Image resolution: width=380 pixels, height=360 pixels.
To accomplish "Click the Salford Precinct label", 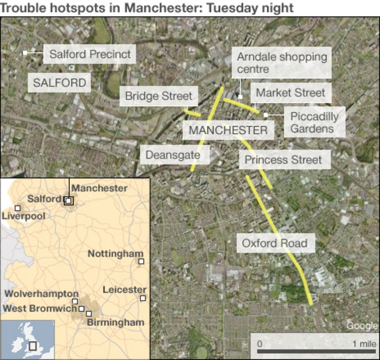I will click(90, 54).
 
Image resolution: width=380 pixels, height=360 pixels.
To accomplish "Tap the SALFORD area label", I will click(60, 83).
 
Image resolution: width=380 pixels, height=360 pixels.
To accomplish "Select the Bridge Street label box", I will click(159, 96).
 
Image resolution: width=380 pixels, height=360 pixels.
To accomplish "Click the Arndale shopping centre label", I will click(282, 63).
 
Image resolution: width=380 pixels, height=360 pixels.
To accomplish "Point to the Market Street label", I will click(290, 93).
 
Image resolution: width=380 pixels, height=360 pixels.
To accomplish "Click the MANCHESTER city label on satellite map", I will click(228, 130).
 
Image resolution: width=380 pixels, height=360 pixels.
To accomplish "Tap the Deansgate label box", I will click(172, 155).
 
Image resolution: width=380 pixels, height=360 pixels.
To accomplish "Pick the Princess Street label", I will click(283, 160).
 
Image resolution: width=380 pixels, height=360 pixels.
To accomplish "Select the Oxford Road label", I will click(275, 244).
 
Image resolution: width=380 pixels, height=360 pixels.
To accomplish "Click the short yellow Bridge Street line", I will click(192, 113).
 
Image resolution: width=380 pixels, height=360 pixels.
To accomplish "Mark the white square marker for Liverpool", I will click(18, 208).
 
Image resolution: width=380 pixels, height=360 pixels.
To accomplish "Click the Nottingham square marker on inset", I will click(141, 261).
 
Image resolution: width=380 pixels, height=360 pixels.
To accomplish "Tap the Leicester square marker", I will click(142, 298).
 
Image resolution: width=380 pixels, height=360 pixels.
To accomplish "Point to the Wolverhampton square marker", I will click(75, 301).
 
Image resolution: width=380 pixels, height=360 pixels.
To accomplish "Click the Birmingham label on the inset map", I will click(115, 322).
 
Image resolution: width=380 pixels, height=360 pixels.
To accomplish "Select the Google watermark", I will click(361, 326).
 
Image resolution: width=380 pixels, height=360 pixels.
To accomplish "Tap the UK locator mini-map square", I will click(33, 346).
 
